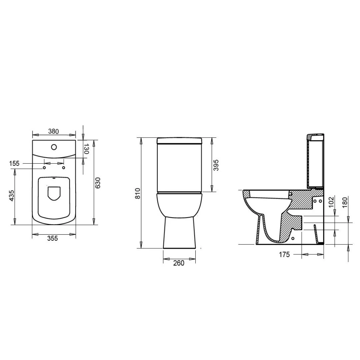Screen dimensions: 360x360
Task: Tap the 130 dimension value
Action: pos(86,149)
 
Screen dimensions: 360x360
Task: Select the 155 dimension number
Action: pos(14,163)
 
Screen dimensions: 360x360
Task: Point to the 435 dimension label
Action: pos(11,195)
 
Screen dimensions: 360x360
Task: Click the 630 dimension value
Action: pos(98,183)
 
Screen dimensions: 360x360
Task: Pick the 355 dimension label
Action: pos(53,238)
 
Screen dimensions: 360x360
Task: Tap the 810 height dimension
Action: pos(138,193)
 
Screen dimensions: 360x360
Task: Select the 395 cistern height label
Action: pos(216,165)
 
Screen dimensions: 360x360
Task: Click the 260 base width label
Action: pos(179,263)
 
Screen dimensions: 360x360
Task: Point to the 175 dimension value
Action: pos(284,254)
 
